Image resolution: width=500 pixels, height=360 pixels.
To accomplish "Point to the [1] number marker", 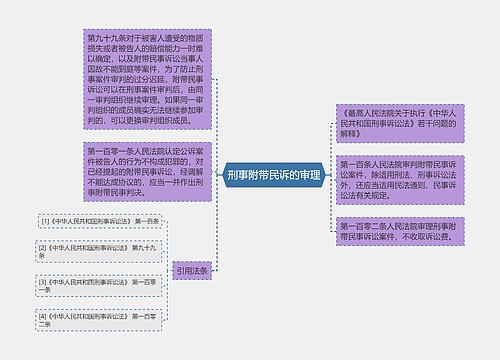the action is [43, 220].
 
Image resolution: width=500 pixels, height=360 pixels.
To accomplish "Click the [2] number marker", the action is [43, 245].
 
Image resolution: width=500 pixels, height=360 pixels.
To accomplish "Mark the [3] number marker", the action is [43, 281].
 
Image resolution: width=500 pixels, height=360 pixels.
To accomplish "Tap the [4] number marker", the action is [43, 315].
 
